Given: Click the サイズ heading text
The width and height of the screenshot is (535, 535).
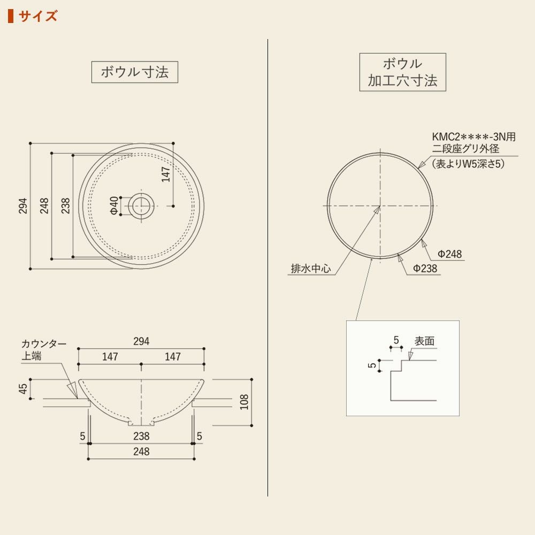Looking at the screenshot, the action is [38, 16].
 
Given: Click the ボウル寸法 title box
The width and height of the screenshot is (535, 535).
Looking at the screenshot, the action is [135, 72].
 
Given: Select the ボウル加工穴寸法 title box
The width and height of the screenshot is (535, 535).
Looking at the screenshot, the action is [403, 72].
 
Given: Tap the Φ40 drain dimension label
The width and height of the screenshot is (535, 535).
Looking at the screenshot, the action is [114, 206].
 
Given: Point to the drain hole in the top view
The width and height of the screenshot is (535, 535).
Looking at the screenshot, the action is [141, 205].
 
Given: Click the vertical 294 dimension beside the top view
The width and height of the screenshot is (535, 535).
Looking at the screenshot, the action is [23, 206].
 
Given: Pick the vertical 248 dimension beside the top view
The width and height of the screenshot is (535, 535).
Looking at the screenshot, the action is [44, 206].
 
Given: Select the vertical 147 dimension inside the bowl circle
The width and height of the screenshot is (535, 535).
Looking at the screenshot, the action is [166, 174].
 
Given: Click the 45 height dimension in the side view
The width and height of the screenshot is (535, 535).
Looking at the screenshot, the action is [23, 388].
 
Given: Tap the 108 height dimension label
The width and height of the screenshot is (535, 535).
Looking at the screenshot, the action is [244, 402].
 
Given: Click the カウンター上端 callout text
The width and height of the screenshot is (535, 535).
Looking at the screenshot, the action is [44, 350].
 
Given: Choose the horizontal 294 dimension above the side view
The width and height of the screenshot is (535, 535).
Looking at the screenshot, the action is [141, 341].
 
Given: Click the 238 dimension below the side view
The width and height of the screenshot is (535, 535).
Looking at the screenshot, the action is [141, 436].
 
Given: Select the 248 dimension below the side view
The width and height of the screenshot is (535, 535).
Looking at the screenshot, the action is [141, 452].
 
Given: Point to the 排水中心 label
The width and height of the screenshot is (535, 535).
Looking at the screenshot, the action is [311, 269].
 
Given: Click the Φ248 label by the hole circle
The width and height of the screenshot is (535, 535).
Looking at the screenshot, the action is [450, 254].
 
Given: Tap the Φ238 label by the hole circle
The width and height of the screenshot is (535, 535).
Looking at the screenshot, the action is [425, 269].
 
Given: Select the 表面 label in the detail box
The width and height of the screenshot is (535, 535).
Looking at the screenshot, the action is [424, 341].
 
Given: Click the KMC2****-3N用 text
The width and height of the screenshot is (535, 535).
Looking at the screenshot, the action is [474, 137].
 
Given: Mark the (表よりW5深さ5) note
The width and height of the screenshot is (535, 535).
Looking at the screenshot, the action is [468, 164].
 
